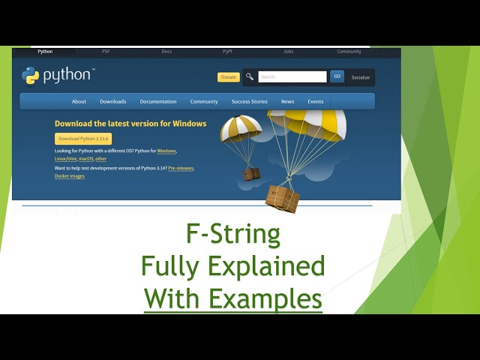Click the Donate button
tap(229, 77)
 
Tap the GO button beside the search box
tap(337, 76)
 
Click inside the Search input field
tap(292, 76)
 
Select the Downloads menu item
tap(113, 101)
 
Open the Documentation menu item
tap(158, 101)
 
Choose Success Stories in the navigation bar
tap(249, 101)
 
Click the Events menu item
tap(316, 101)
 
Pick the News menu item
tap(287, 101)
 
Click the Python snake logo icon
tap(31, 76)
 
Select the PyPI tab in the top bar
tap(227, 52)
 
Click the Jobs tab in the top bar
tap(288, 52)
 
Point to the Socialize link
tap(361, 77)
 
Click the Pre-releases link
tap(181, 168)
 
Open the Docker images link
tap(70, 176)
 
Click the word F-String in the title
tap(233, 235)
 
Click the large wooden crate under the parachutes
tap(282, 198)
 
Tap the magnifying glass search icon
tap(250, 76)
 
